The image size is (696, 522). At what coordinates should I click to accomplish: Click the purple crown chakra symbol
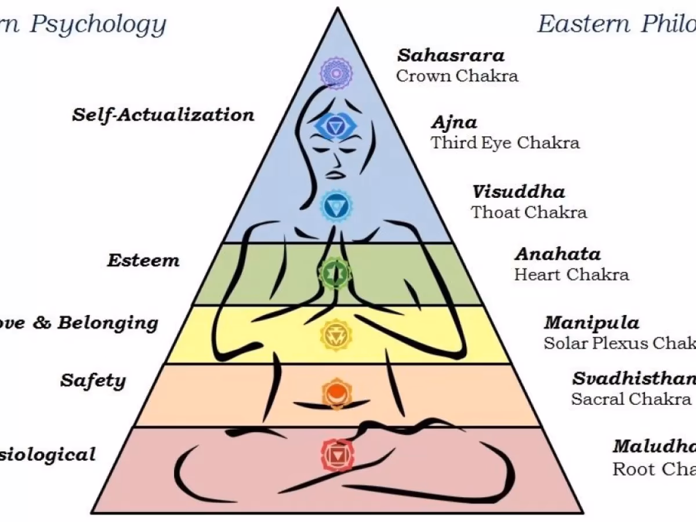[x=336, y=72]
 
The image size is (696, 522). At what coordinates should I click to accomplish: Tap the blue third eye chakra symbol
[x=335, y=125]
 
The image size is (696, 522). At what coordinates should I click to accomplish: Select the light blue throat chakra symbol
[x=335, y=205]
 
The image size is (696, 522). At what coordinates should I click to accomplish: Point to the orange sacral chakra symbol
[x=335, y=393]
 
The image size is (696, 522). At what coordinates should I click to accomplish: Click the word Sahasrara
[x=451, y=56]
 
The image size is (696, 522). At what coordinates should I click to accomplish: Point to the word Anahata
[x=557, y=254]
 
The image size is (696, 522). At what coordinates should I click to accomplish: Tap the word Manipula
[x=591, y=322]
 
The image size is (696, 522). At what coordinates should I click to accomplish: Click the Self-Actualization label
[x=163, y=114]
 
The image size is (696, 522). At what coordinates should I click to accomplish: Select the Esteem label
[x=143, y=260]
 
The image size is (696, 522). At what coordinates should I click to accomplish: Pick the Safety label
[x=93, y=381]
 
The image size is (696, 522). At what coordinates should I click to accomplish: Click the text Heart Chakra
[x=571, y=274]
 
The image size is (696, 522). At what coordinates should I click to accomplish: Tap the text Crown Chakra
[x=457, y=76]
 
